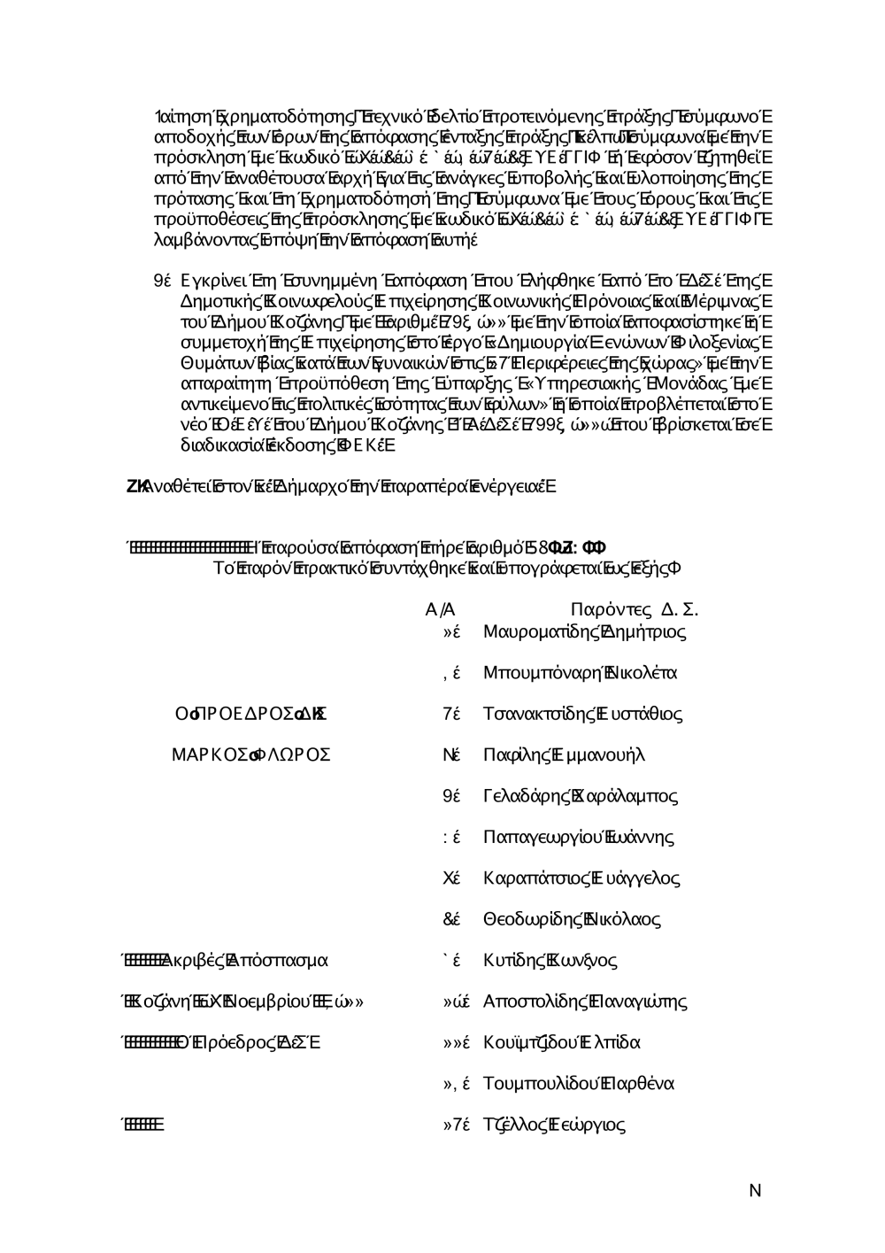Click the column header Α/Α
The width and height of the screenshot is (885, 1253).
pyautogui.click(x=440, y=610)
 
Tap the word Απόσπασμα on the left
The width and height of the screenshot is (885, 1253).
pyautogui.click(x=281, y=961)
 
